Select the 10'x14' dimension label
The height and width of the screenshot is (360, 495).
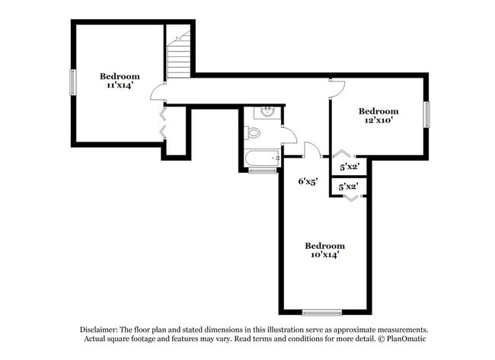click(x=324, y=256)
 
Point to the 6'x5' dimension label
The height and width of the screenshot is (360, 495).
click(x=307, y=181)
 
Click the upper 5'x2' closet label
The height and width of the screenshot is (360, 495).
click(x=349, y=166)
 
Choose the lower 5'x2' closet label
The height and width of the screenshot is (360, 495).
click(x=349, y=186)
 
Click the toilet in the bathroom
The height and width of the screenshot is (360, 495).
click(x=253, y=133)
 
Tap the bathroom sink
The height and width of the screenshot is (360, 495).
click(x=267, y=113)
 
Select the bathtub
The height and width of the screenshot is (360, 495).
click(x=262, y=159)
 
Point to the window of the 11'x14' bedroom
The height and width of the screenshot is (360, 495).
click(x=73, y=82)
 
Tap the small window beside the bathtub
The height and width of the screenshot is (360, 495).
click(x=262, y=171)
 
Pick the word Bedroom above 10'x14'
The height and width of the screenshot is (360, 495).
click(x=324, y=246)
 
